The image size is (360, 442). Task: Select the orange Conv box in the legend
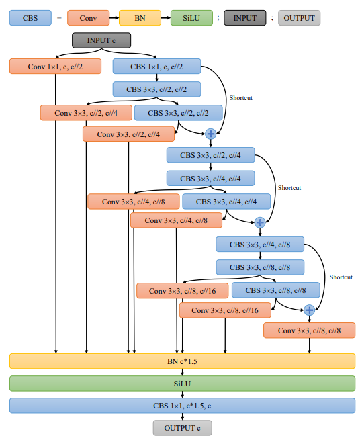click(89, 18)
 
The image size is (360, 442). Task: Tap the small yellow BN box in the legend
click(140, 18)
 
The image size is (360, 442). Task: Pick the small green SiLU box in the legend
click(191, 18)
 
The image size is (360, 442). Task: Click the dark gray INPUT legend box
click(244, 18)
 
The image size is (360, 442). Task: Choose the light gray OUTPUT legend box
click(300, 18)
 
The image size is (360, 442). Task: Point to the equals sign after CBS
click(58, 18)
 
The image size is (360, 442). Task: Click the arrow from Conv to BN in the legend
click(114, 18)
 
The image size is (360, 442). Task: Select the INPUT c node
click(101, 40)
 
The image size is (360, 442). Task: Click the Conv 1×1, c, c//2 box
click(55, 66)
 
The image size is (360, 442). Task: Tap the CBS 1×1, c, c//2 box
click(156, 66)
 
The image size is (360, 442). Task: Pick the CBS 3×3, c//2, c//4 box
click(211, 155)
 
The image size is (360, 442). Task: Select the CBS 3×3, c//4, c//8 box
click(260, 244)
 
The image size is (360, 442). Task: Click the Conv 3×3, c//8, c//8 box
click(309, 330)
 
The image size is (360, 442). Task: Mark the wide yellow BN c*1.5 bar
click(182, 361)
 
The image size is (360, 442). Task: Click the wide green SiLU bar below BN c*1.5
click(182, 383)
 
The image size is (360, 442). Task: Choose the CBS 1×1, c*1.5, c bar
click(182, 406)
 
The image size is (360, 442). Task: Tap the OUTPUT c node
click(182, 428)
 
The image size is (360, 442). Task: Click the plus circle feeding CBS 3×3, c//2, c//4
click(211, 134)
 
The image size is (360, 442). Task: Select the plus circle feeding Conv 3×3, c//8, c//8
click(309, 310)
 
